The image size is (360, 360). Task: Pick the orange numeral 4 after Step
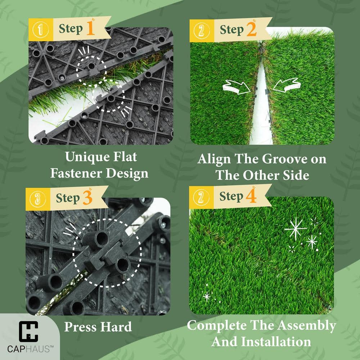click(251, 197)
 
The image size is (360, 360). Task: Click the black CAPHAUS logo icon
click(28, 332)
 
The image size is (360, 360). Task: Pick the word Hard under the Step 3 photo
click(116, 327)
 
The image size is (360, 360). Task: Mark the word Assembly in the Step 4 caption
click(308, 326)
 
